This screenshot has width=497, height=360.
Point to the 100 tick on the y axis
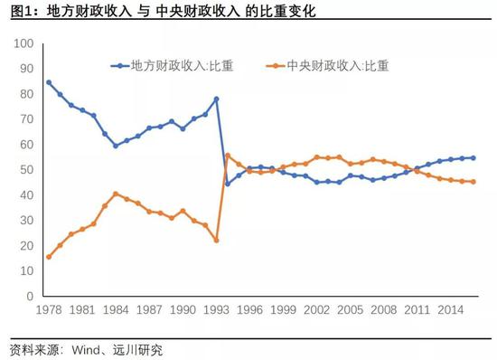click(23, 43)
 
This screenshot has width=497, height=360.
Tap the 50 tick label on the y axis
click(26, 170)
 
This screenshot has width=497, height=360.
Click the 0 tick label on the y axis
click(29, 296)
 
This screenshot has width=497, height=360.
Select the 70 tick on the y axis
click(26, 119)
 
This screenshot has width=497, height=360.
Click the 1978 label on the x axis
click(49, 308)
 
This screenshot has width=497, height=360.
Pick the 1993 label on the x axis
click(216, 308)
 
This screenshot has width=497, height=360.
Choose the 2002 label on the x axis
click(316, 308)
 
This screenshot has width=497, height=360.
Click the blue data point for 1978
click(49, 82)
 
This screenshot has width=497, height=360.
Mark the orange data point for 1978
click(49, 257)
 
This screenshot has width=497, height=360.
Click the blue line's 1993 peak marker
click(216, 99)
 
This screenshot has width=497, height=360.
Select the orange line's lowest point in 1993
click(216, 240)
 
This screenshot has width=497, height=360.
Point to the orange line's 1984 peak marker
click(116, 194)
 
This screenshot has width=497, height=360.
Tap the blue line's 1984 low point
click(116, 146)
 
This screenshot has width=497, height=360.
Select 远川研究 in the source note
click(140, 348)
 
